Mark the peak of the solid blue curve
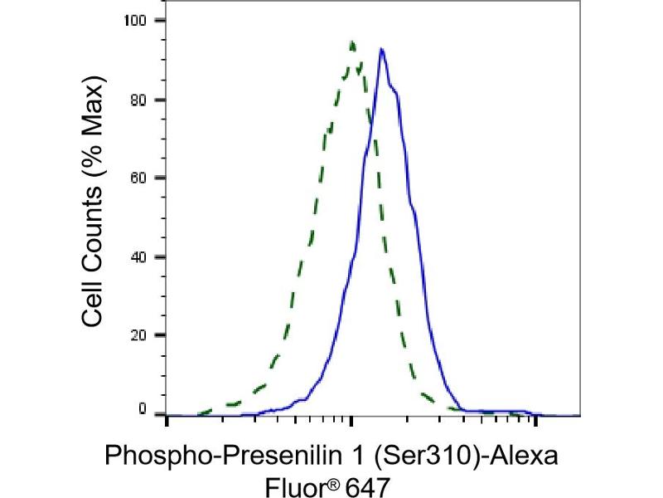click(381, 49)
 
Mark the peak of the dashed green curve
click(352, 41)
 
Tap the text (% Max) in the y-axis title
click(93, 123)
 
